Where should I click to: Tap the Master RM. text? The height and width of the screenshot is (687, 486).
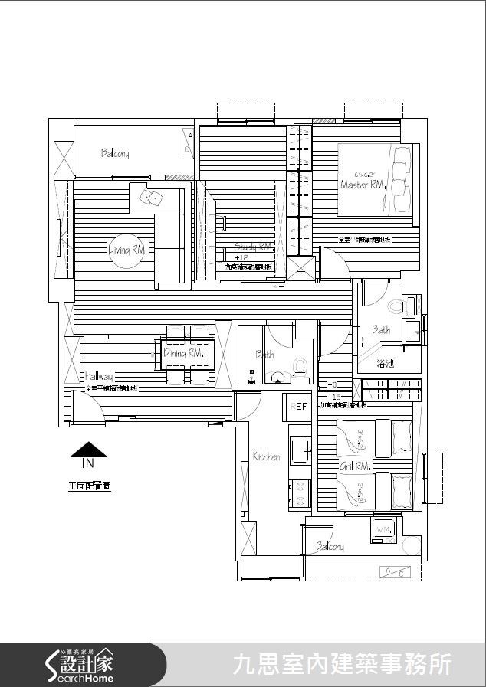coord(362,185)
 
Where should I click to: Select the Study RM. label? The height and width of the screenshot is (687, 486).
coord(254,247)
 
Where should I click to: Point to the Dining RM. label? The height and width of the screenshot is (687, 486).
coord(183,353)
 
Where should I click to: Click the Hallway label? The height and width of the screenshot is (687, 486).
coord(99,377)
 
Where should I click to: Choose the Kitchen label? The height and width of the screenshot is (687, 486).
coord(266,456)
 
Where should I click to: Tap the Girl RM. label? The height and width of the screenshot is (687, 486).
coord(355,466)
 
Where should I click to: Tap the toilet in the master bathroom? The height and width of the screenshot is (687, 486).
coord(397,308)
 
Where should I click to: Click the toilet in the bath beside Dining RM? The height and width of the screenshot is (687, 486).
coord(300,366)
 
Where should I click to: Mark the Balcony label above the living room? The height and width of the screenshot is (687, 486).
coord(115,153)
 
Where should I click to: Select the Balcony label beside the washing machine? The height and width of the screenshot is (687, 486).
coord(330,547)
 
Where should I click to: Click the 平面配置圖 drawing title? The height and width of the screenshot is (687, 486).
coord(89,486)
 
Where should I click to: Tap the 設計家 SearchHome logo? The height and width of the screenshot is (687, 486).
coord(80,665)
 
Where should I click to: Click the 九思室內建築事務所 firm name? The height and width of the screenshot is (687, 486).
coord(342,664)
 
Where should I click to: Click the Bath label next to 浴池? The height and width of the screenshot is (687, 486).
coord(381,330)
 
